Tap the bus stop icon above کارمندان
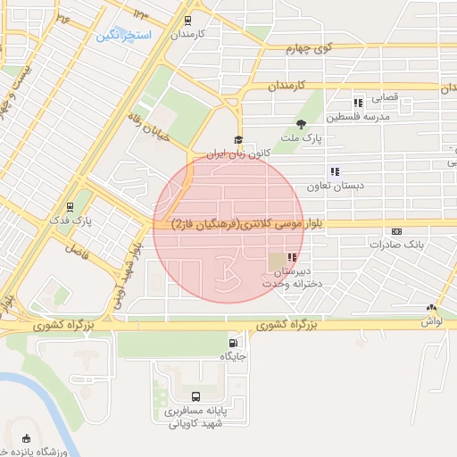coord(187,20)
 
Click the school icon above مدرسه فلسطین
coord(358,103)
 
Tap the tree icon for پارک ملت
coord(301,124)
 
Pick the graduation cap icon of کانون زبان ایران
coord(237,139)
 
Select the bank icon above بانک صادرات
coord(396,230)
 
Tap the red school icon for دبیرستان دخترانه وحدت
coord(291,257)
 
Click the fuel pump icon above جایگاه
coord(234,343)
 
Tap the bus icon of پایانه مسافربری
coord(195,396)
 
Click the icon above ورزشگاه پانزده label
coord(25,439)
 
